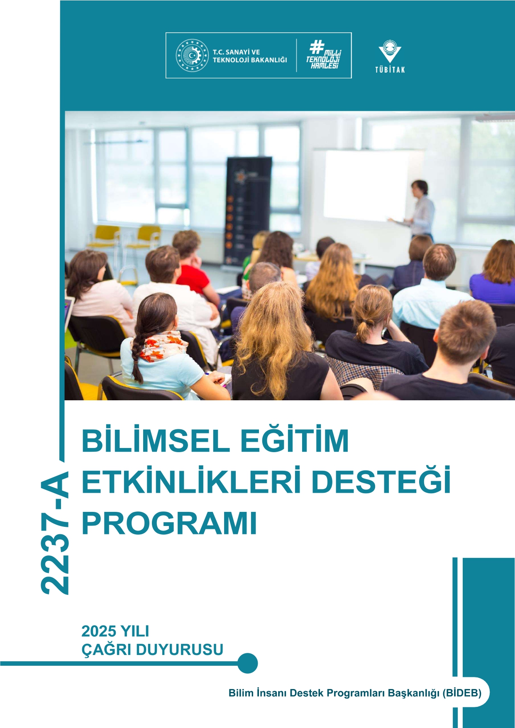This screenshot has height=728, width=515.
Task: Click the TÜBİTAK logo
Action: point(390,56)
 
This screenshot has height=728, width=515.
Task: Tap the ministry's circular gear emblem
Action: point(192,55)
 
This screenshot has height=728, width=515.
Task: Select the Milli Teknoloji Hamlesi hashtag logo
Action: point(324,55)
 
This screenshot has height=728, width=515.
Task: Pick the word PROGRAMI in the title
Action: point(169,523)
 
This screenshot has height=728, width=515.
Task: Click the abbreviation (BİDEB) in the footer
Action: point(462,693)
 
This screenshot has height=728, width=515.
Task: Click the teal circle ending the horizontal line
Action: point(248,663)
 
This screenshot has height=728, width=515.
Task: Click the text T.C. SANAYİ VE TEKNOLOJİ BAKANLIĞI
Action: point(250,56)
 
